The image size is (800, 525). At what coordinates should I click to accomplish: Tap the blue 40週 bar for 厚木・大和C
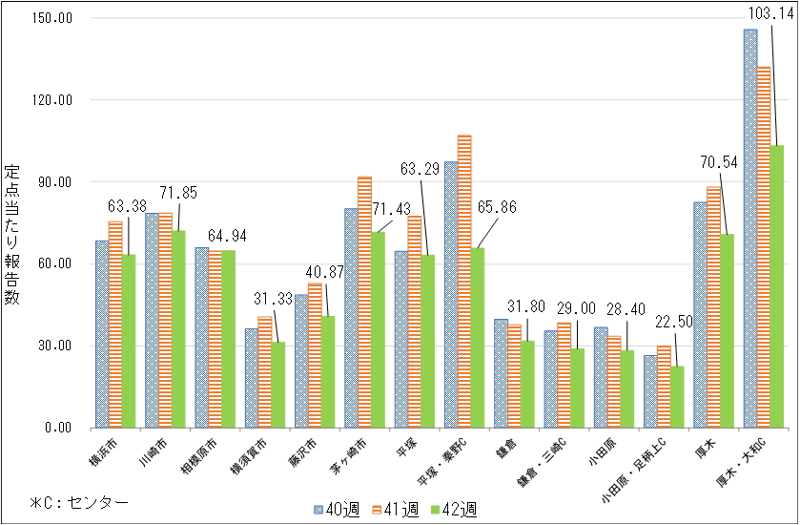tap(749, 229)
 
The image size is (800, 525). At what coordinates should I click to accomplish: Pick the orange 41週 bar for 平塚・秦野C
tap(464, 282)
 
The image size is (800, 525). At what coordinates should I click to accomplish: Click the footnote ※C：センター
tap(78, 501)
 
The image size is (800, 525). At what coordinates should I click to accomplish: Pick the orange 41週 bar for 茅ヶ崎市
tap(364, 302)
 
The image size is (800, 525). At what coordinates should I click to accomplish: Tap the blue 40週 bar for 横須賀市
tap(251, 378)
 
